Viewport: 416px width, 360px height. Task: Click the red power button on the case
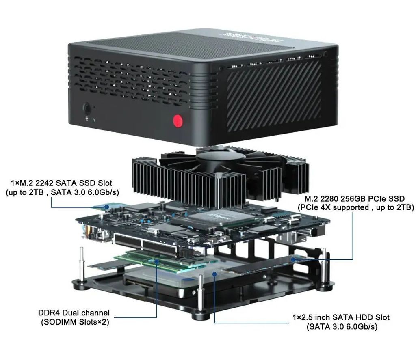[177, 121]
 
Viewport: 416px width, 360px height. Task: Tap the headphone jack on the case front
[87, 108]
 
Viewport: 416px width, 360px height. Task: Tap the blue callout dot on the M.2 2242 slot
[106, 207]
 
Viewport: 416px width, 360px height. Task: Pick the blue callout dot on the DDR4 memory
[157, 261]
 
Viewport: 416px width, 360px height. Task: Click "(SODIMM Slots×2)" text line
[74, 322]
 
